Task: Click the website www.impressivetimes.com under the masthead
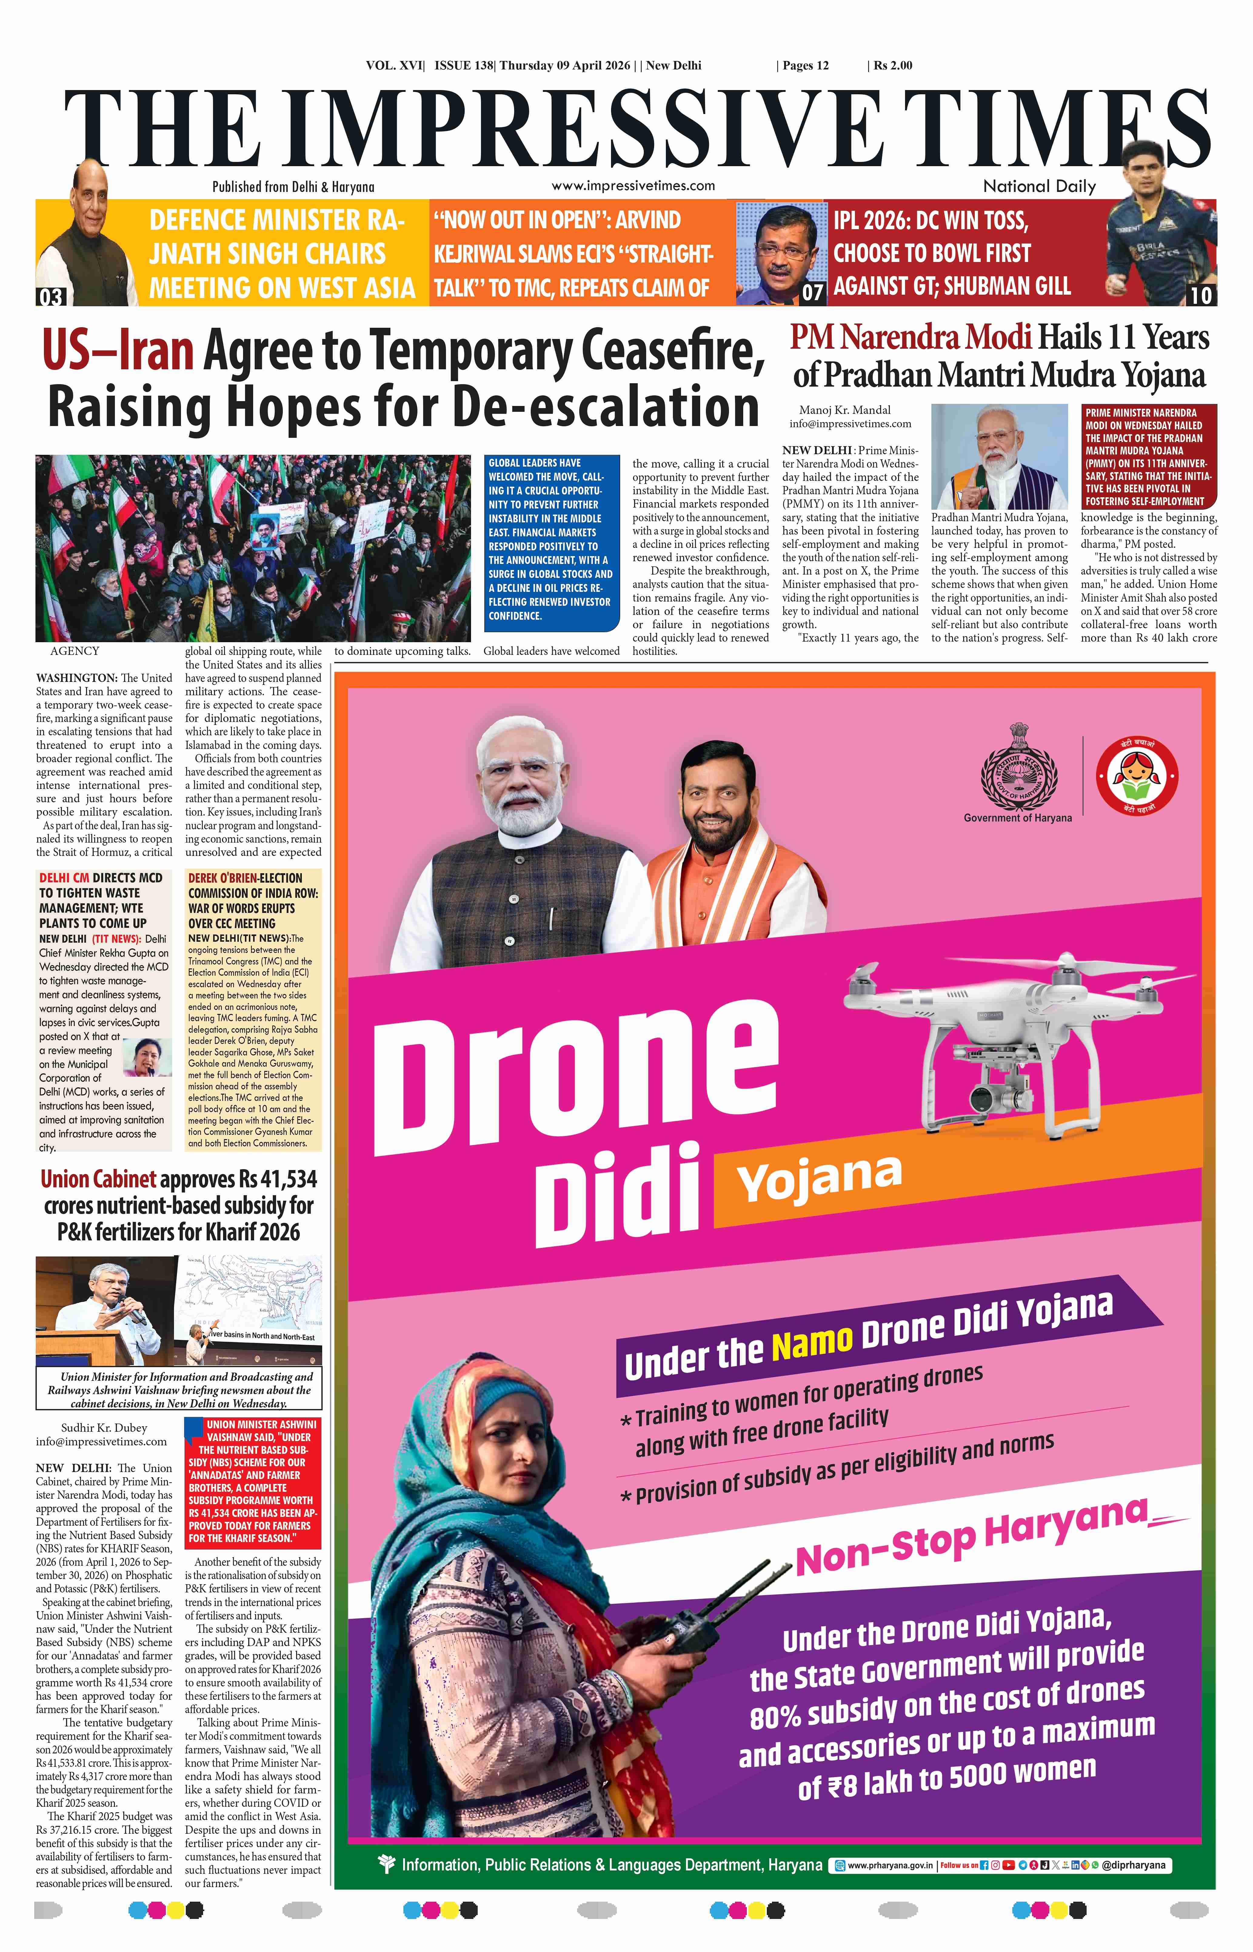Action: [x=633, y=186]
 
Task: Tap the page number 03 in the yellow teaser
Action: [x=50, y=296]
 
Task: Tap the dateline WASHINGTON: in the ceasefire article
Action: [x=76, y=678]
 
